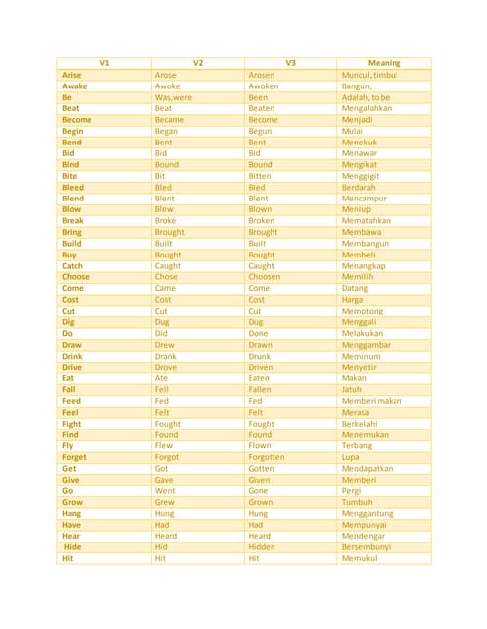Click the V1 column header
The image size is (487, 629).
104,63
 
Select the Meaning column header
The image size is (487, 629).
383,63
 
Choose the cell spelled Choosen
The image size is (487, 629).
268,277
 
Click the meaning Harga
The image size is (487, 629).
353,300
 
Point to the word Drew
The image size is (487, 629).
165,345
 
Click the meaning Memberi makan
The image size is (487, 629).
372,401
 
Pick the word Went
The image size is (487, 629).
166,490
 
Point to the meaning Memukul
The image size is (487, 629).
360,558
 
